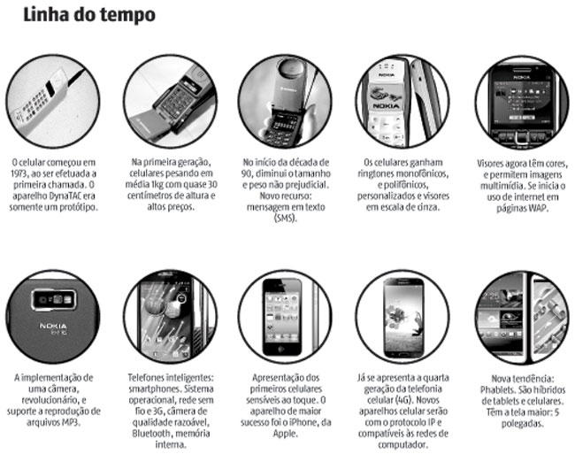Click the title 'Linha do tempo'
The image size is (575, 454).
click(89, 15)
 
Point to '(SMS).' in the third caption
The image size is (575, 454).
click(286, 219)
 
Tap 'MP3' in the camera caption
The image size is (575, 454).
click(72, 422)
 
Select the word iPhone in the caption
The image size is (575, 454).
click(306, 422)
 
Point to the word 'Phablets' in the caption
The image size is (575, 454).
click(496, 390)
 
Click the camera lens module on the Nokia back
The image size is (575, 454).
click(54, 300)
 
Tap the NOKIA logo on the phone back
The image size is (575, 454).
click(53, 326)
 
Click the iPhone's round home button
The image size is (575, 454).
click(282, 349)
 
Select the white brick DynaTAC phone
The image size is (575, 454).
click(41, 100)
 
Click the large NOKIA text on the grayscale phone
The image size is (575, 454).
click(387, 106)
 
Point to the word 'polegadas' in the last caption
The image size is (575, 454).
click(522, 424)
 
